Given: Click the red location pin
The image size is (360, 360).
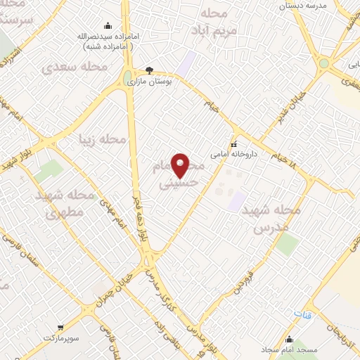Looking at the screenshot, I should (181, 165).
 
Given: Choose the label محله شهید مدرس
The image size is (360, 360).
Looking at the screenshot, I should (271, 219).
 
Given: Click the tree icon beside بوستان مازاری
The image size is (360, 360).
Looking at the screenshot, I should (149, 70).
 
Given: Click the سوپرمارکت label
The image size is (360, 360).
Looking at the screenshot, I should (60, 338).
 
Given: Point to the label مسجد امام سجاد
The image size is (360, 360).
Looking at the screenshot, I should (290, 349).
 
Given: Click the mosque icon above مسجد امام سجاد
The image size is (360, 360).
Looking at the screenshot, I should (288, 338).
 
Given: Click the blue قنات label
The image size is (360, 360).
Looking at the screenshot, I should (301, 315).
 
